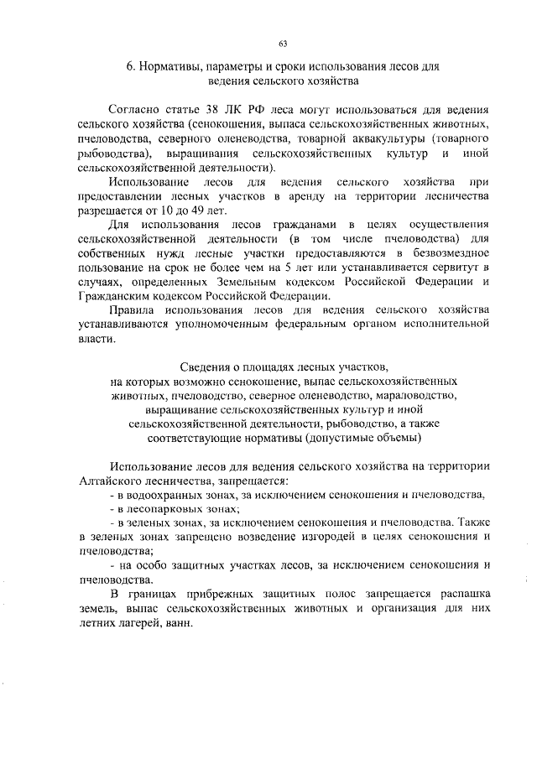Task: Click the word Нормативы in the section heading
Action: [x=169, y=65]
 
